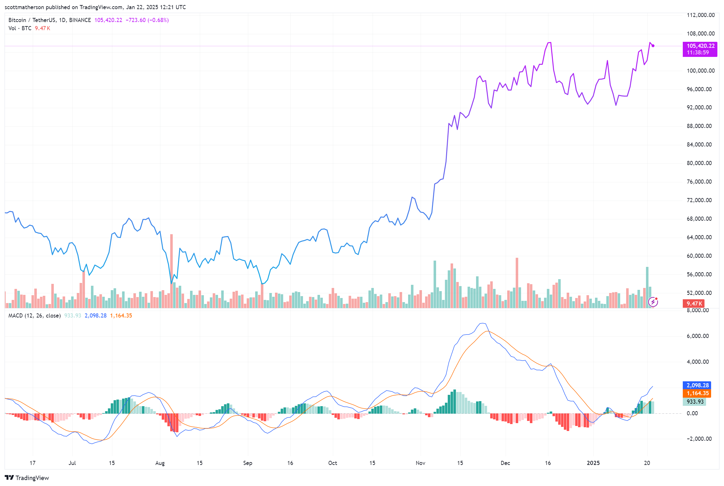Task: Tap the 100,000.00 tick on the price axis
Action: tap(700, 71)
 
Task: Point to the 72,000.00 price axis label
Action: tap(699, 200)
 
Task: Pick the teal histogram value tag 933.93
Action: tap(695, 402)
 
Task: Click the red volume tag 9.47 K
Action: tap(693, 304)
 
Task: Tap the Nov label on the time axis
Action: tap(420, 463)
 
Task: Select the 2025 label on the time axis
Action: tap(593, 463)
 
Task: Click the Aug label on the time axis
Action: tap(160, 463)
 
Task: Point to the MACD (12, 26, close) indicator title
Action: tap(34, 316)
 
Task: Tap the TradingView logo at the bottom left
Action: tap(27, 478)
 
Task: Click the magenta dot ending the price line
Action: tap(653, 46)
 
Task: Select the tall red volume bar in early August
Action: tap(171, 270)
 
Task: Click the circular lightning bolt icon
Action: tap(653, 302)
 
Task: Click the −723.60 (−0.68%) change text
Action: tap(147, 20)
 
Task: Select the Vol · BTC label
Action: tap(20, 28)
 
